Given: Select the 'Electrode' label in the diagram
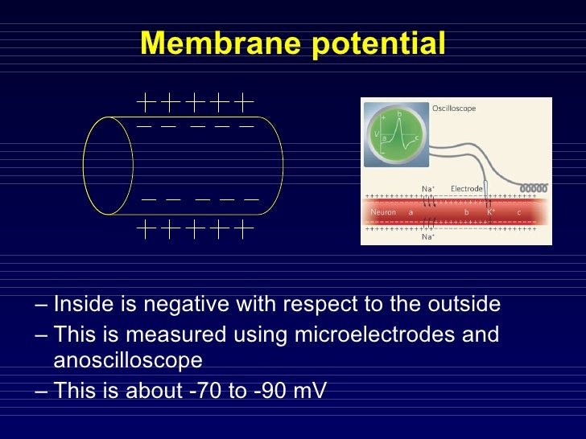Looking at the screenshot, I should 466,189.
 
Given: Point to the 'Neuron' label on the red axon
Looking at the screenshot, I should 382,212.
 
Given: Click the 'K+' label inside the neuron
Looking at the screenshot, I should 491,212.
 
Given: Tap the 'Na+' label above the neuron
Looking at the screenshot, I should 429,189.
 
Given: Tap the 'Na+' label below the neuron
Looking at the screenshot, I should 429,237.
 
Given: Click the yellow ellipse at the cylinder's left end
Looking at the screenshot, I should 108,166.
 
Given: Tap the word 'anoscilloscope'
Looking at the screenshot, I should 127,359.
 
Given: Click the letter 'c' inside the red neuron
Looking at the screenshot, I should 518,212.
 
